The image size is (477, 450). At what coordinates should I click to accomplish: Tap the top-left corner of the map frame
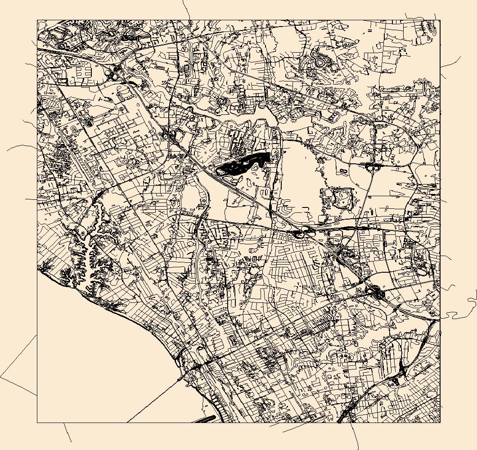[x=37, y=20]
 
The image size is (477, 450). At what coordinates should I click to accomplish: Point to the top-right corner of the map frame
[x=440, y=20]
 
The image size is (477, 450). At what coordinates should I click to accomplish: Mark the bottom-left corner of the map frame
[x=37, y=422]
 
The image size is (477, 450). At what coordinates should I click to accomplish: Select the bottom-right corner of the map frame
[x=440, y=422]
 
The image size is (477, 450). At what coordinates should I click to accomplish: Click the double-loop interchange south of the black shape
[x=302, y=233]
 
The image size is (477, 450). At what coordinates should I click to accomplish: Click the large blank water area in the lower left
[x=90, y=360]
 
